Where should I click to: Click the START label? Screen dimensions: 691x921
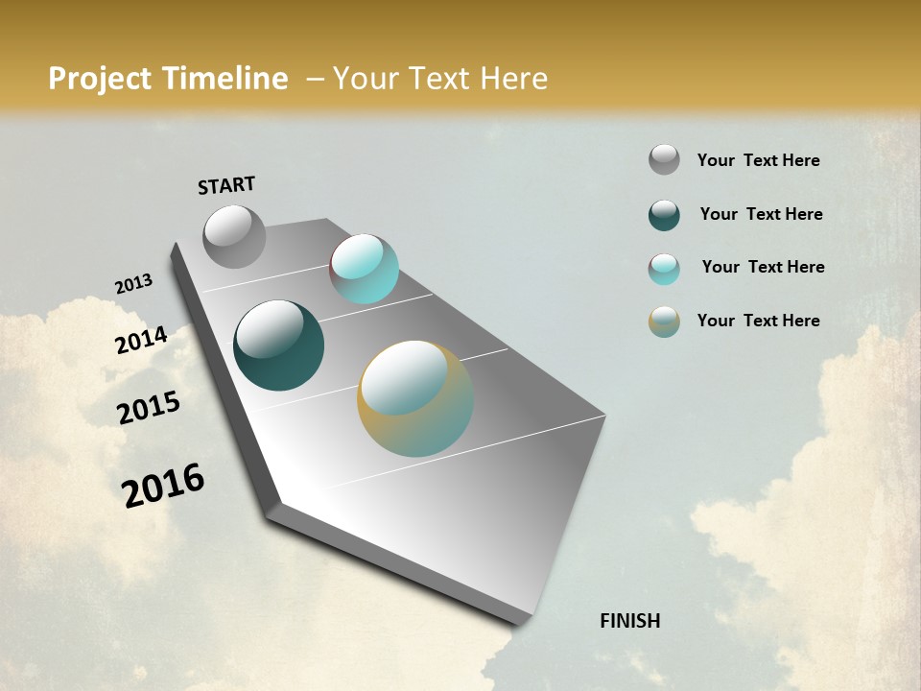pos(226,185)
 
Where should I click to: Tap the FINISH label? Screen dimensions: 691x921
pos(629,621)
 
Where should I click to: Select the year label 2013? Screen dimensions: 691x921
pos(134,284)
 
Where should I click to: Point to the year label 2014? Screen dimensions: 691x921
pos(142,340)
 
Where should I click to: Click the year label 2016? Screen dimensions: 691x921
pos(163,485)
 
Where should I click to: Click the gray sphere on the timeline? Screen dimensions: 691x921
pos(234,236)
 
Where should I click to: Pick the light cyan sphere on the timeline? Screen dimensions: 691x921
pos(365,269)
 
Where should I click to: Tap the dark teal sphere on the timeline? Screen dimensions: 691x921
pos(278,345)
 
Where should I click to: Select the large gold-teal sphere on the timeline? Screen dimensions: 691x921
pos(415,398)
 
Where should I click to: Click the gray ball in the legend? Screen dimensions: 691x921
pos(664,159)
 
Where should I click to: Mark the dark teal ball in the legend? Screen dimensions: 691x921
pos(664,215)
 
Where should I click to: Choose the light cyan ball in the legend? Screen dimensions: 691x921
pos(664,269)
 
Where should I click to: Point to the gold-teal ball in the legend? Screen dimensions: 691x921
pos(664,322)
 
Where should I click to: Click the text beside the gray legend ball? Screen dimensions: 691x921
pos(758,160)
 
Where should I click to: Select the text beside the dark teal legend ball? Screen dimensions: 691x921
pos(761,214)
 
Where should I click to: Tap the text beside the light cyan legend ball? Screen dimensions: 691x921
pos(763,267)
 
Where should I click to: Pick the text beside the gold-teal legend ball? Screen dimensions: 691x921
pos(758,321)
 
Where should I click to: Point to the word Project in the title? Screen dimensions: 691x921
pos(101,79)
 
